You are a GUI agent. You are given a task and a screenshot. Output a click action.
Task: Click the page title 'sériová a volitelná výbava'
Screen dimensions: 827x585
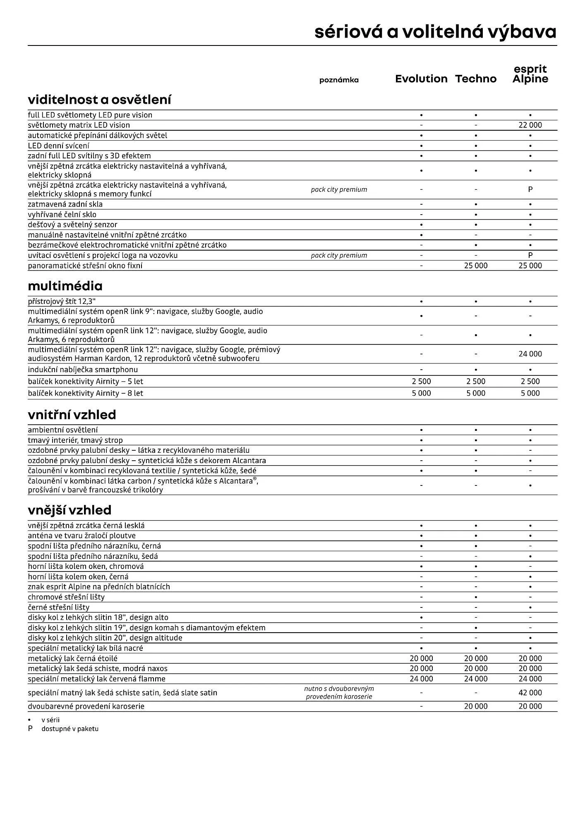click(x=435, y=32)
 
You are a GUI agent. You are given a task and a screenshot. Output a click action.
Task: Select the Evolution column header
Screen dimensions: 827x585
click(x=421, y=79)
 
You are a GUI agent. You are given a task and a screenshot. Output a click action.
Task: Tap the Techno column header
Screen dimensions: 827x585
click(x=476, y=79)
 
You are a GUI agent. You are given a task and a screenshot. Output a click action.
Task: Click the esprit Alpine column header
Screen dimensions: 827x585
click(x=530, y=74)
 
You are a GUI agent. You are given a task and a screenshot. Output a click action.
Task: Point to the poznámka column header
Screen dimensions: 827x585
click(x=339, y=80)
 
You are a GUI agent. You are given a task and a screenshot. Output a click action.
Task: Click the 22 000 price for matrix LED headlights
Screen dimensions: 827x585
click(x=530, y=125)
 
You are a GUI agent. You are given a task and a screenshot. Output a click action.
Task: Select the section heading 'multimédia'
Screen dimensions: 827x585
click(x=65, y=286)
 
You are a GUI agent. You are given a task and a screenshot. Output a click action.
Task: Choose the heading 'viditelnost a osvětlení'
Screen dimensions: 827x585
click(x=99, y=100)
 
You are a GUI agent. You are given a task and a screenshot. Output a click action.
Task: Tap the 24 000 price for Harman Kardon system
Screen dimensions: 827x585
click(x=530, y=354)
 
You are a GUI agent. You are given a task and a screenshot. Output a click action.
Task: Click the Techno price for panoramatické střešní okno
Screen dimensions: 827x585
click(x=476, y=266)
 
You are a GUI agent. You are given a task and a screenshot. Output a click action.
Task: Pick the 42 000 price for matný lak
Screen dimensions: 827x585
click(x=530, y=693)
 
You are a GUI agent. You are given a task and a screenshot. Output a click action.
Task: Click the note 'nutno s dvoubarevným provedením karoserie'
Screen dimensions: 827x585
click(x=339, y=693)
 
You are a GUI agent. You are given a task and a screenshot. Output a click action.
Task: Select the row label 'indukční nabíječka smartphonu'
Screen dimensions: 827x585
click(x=83, y=370)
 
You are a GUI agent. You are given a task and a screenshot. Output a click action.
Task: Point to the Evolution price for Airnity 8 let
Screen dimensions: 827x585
click(x=421, y=393)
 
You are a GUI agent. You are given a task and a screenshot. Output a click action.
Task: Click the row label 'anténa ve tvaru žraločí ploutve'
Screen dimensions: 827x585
click(x=82, y=536)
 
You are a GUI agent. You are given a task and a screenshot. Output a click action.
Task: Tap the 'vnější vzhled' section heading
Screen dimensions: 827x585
click(x=70, y=510)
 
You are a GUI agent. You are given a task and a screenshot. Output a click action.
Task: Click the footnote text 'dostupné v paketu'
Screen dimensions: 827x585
click(x=70, y=729)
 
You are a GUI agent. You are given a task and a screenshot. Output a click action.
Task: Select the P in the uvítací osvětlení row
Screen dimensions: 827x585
click(x=530, y=256)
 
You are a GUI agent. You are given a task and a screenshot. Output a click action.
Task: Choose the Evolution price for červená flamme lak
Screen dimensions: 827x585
click(x=421, y=679)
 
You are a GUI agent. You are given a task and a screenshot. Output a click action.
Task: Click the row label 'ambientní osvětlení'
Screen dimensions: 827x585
click(x=63, y=430)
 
